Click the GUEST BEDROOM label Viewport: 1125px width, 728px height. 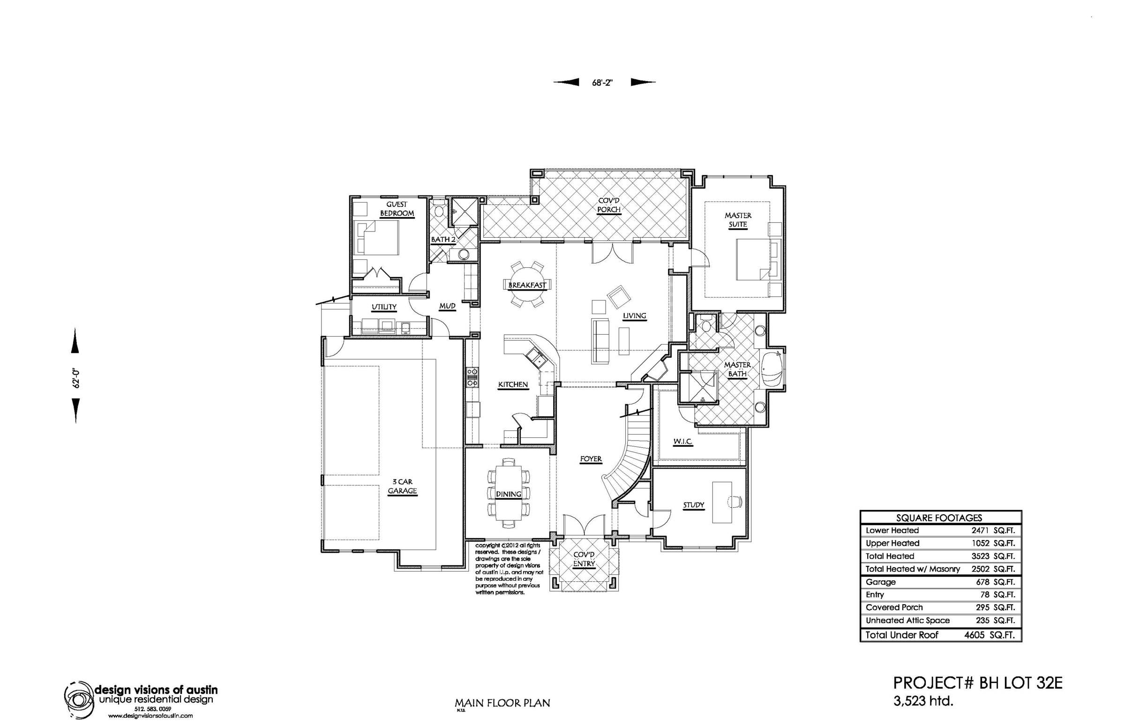pos(397,209)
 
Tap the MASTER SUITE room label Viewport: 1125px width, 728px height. pos(738,220)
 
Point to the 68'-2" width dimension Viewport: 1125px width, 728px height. pos(602,83)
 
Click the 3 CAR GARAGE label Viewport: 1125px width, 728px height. pos(402,487)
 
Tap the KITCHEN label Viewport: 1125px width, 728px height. pos(513,385)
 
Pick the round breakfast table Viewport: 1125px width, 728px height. pos(527,285)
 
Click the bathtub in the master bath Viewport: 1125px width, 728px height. pos(772,369)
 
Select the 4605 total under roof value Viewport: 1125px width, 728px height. pos(974,635)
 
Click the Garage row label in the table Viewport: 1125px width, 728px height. pos(881,582)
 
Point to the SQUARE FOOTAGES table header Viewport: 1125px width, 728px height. pos(939,518)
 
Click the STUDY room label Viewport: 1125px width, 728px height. pos(693,505)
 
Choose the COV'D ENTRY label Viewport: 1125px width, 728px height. pos(584,559)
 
